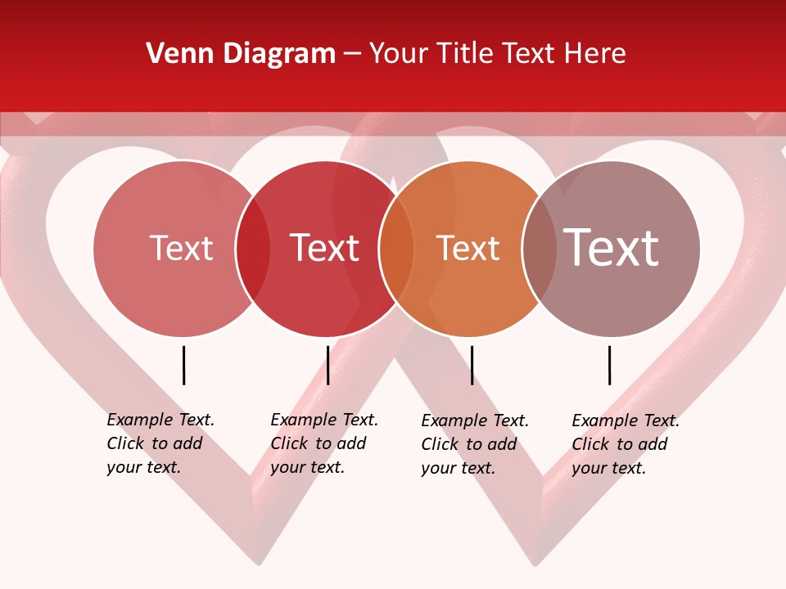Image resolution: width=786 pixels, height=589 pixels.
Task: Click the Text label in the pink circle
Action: (181, 248)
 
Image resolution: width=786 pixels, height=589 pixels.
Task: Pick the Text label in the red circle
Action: (324, 248)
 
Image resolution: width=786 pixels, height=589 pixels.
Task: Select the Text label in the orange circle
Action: (468, 248)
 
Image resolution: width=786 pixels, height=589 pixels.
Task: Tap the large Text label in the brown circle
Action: (611, 248)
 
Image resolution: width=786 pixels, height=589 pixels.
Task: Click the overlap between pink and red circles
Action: (253, 249)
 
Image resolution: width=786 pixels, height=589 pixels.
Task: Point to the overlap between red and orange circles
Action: (396, 249)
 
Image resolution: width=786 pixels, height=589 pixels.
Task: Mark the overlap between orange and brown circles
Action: (540, 249)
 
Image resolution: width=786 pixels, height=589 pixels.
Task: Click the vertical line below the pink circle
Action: (184, 365)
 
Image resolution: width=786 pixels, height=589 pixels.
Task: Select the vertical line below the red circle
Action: (327, 365)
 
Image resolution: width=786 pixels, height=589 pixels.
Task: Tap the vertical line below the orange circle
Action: (472, 365)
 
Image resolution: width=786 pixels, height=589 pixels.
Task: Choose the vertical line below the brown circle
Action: (609, 365)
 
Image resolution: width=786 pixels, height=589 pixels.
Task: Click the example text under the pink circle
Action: (160, 443)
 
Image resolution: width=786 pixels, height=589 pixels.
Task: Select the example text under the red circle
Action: (324, 443)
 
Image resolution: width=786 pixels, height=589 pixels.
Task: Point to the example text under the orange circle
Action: (475, 444)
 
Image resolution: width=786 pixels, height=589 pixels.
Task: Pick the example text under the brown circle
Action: (626, 444)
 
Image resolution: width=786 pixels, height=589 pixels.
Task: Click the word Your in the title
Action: (399, 54)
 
